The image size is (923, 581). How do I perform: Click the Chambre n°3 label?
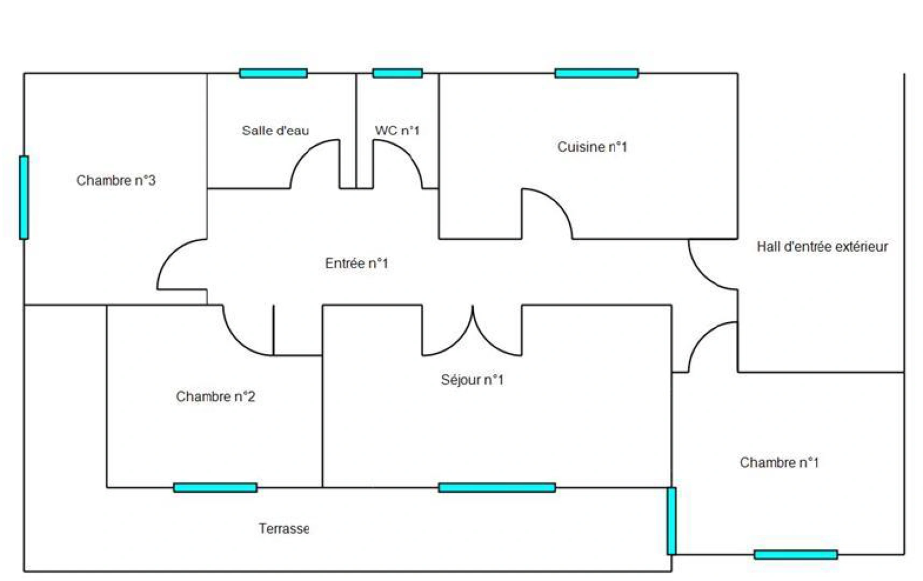(116, 180)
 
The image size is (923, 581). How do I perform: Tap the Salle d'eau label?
(275, 130)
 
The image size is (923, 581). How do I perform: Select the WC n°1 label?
(397, 130)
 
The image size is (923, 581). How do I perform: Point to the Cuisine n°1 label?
(592, 147)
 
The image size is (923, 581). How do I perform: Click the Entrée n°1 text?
(356, 263)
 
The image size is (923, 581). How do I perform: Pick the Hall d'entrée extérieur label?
(822, 246)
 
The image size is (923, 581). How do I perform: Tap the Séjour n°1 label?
(472, 380)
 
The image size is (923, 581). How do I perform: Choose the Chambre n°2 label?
(215, 396)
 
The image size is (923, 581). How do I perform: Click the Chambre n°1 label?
(779, 463)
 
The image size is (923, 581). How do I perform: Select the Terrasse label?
(283, 529)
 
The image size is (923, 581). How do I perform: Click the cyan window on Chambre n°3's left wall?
(24, 197)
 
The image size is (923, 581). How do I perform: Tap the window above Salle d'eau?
(273, 73)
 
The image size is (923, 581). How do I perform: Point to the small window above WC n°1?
(397, 73)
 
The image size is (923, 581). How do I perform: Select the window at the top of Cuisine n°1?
(597, 73)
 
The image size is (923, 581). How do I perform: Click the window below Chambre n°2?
(215, 487)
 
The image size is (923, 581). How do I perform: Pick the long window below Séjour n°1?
(497, 487)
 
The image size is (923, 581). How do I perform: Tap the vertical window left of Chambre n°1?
(671, 521)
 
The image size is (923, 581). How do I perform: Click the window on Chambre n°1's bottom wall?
(796, 555)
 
